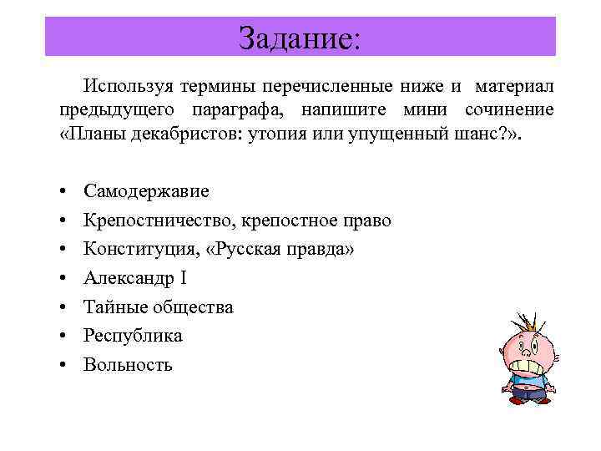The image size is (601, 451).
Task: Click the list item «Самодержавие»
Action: click(x=147, y=191)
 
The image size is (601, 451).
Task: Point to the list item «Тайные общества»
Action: click(x=159, y=307)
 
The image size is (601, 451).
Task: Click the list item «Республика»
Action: click(x=133, y=336)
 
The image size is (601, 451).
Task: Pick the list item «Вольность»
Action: click(x=128, y=364)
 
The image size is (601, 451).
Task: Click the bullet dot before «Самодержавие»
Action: click(x=63, y=192)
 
